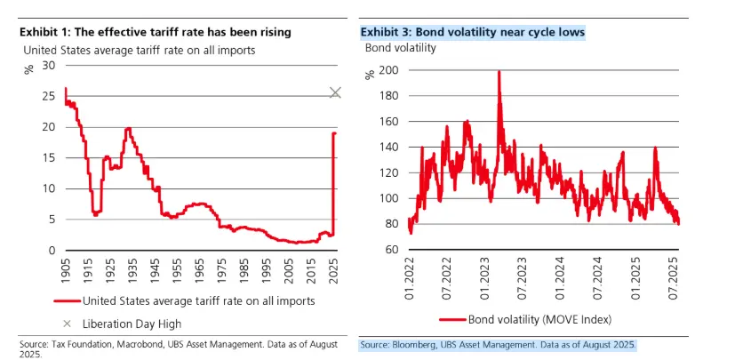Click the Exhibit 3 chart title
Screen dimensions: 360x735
click(x=472, y=32)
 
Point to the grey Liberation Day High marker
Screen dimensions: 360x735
click(x=335, y=92)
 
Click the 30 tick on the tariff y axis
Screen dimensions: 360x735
click(x=50, y=66)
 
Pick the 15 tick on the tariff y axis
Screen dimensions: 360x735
click(x=50, y=158)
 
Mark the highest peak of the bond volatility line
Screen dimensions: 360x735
click(x=499, y=72)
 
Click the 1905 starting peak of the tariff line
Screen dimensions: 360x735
click(x=66, y=89)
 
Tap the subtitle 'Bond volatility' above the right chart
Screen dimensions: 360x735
click(x=400, y=48)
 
